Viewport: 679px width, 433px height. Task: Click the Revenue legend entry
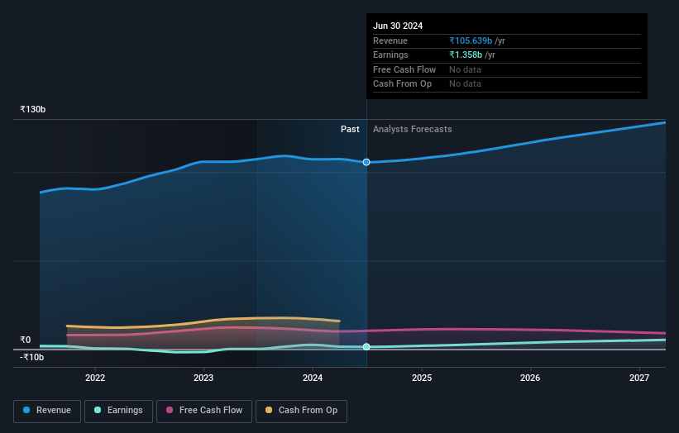pos(47,411)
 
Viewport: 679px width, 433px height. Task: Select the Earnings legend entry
pos(118,411)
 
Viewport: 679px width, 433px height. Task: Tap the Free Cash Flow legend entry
pos(203,411)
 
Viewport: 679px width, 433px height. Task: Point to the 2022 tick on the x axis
pos(95,378)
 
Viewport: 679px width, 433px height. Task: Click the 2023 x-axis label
pos(203,378)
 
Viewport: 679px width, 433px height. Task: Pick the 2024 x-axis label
pos(313,378)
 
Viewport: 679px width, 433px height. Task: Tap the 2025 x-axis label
pos(422,378)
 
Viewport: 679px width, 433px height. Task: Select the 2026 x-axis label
pos(530,378)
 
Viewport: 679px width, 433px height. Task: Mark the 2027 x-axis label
pos(639,378)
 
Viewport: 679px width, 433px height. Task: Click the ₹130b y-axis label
pos(33,109)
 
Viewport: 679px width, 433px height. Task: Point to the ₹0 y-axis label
pos(26,340)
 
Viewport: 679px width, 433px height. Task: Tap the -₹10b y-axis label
pos(32,357)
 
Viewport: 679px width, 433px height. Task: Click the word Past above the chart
pos(350,129)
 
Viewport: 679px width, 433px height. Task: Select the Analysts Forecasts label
pos(413,129)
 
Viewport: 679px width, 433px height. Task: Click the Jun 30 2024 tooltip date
pos(398,26)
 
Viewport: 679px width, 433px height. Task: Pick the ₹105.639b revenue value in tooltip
pos(471,40)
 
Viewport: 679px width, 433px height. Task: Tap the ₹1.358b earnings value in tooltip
pos(466,55)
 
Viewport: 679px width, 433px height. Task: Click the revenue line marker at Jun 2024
pos(366,162)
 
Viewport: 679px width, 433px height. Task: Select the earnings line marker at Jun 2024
pos(366,347)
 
